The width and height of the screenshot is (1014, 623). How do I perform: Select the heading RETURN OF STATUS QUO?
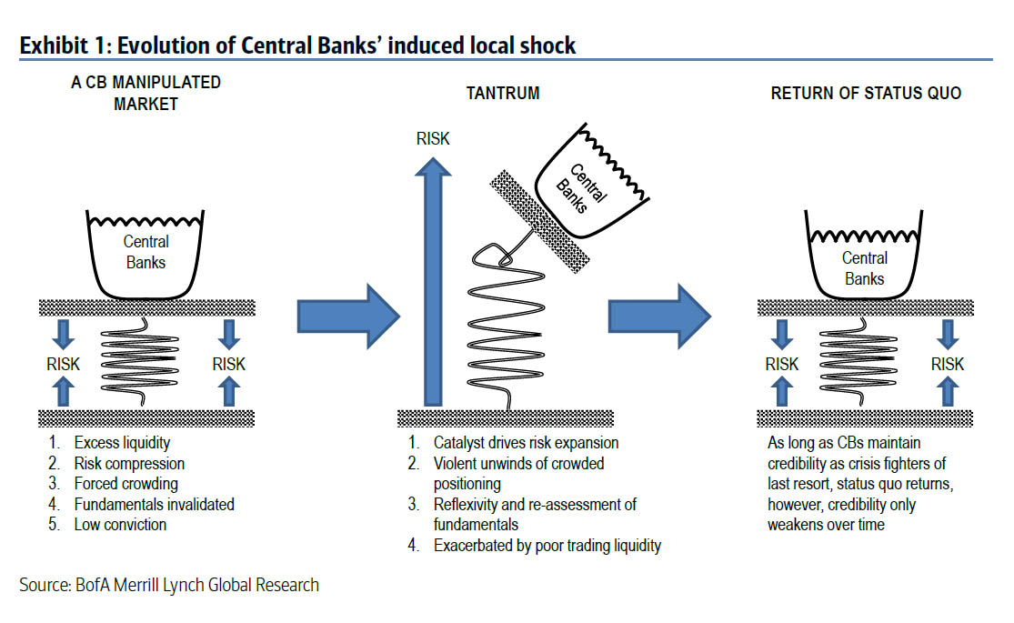(865, 94)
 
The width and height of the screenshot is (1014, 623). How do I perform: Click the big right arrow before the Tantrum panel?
(348, 315)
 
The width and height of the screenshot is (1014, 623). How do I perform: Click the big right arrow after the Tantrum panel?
(658, 315)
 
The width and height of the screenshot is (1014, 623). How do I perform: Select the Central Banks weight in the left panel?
(146, 251)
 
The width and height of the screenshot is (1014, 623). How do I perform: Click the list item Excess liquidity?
(123, 444)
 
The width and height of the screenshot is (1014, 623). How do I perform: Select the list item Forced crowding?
(125, 484)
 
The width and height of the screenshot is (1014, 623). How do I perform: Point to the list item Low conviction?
(120, 524)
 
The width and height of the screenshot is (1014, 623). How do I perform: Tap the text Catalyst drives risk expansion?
(526, 444)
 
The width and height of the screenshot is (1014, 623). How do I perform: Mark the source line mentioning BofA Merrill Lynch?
(169, 585)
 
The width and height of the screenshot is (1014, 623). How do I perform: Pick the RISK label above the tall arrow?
(433, 139)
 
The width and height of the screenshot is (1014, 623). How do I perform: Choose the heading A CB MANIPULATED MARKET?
(146, 93)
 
